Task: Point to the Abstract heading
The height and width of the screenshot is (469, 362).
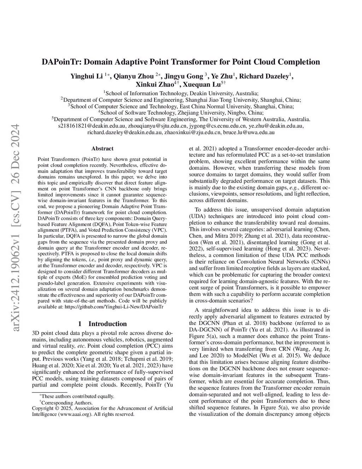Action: tap(102, 149)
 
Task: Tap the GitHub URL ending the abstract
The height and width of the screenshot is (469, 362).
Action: tap(113, 307)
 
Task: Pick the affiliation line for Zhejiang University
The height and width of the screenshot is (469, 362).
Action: tap(181, 113)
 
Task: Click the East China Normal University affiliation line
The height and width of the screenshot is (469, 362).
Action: tap(181, 106)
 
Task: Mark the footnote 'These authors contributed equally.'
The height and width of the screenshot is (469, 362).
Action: tap(77, 396)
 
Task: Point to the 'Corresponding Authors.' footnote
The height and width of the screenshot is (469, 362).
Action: tap(67, 403)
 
